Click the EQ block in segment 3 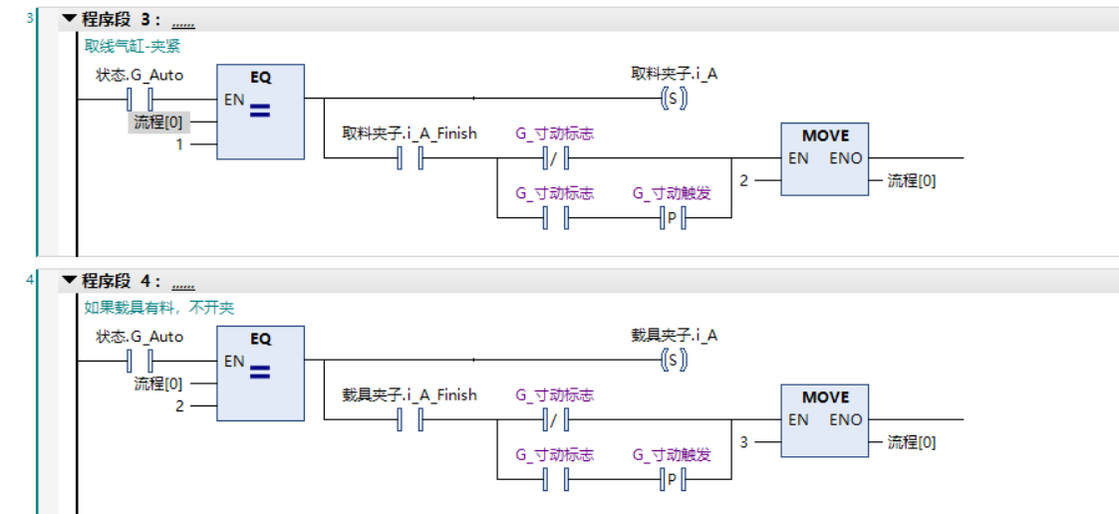pos(260,111)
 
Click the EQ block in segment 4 pos(260,374)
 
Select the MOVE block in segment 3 pos(825,158)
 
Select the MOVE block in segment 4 pos(825,420)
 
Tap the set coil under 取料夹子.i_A pos(675,99)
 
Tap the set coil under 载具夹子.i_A pos(675,361)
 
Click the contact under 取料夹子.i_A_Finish pos(410,158)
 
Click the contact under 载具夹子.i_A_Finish pos(410,420)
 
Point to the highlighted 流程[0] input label pos(158,122)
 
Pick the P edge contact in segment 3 pos(673,217)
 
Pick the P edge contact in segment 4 pos(673,479)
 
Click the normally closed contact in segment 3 pos(554,158)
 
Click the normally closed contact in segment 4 pos(554,420)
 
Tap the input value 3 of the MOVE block pos(743,442)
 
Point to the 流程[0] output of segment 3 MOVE pos(912,180)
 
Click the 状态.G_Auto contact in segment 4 pos(140,361)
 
